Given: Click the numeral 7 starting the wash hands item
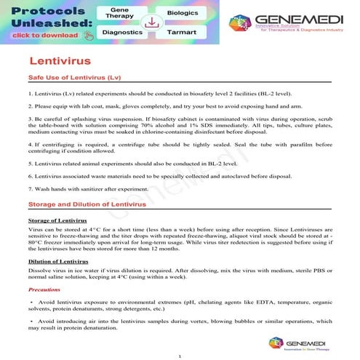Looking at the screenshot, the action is coord(30,190).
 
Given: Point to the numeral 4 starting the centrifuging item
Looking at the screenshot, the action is coord(30,145).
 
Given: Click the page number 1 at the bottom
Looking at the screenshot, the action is coord(179,355).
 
